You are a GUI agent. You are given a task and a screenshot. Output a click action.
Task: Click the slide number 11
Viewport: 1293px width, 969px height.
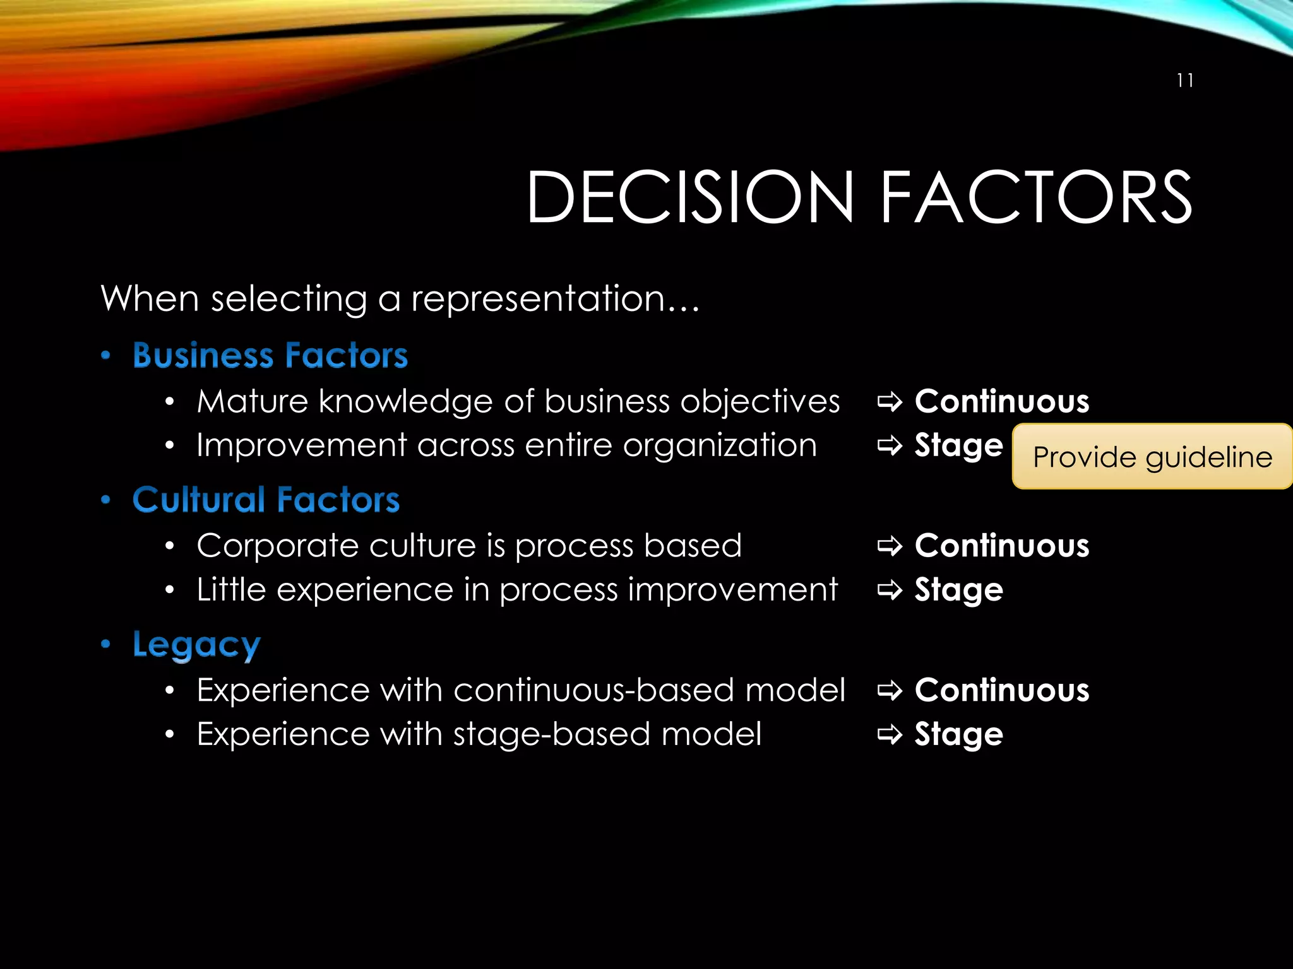1185,81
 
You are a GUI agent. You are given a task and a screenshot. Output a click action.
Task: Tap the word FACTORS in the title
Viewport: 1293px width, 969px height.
1035,197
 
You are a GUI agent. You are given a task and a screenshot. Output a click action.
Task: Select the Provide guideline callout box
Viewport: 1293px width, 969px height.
1152,457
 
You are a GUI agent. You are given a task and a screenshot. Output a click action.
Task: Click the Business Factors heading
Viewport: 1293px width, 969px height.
270,355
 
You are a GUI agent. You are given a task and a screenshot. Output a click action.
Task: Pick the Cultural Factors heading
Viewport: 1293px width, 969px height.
266,500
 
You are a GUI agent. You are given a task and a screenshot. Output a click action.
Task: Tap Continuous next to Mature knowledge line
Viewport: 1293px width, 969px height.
1002,401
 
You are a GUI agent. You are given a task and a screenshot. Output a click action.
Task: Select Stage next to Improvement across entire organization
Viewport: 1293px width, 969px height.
958,445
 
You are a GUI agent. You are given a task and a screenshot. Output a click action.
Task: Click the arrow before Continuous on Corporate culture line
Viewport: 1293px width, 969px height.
890,546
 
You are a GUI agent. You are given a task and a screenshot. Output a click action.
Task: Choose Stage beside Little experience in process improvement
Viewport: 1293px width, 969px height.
958,590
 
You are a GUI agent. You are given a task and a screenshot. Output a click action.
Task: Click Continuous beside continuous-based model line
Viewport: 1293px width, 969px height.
1002,690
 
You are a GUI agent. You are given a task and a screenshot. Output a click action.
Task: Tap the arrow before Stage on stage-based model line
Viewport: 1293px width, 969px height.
890,734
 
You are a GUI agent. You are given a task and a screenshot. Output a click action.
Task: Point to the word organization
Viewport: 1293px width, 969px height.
720,445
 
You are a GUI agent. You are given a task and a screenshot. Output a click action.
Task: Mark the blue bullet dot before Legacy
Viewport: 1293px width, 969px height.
106,644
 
